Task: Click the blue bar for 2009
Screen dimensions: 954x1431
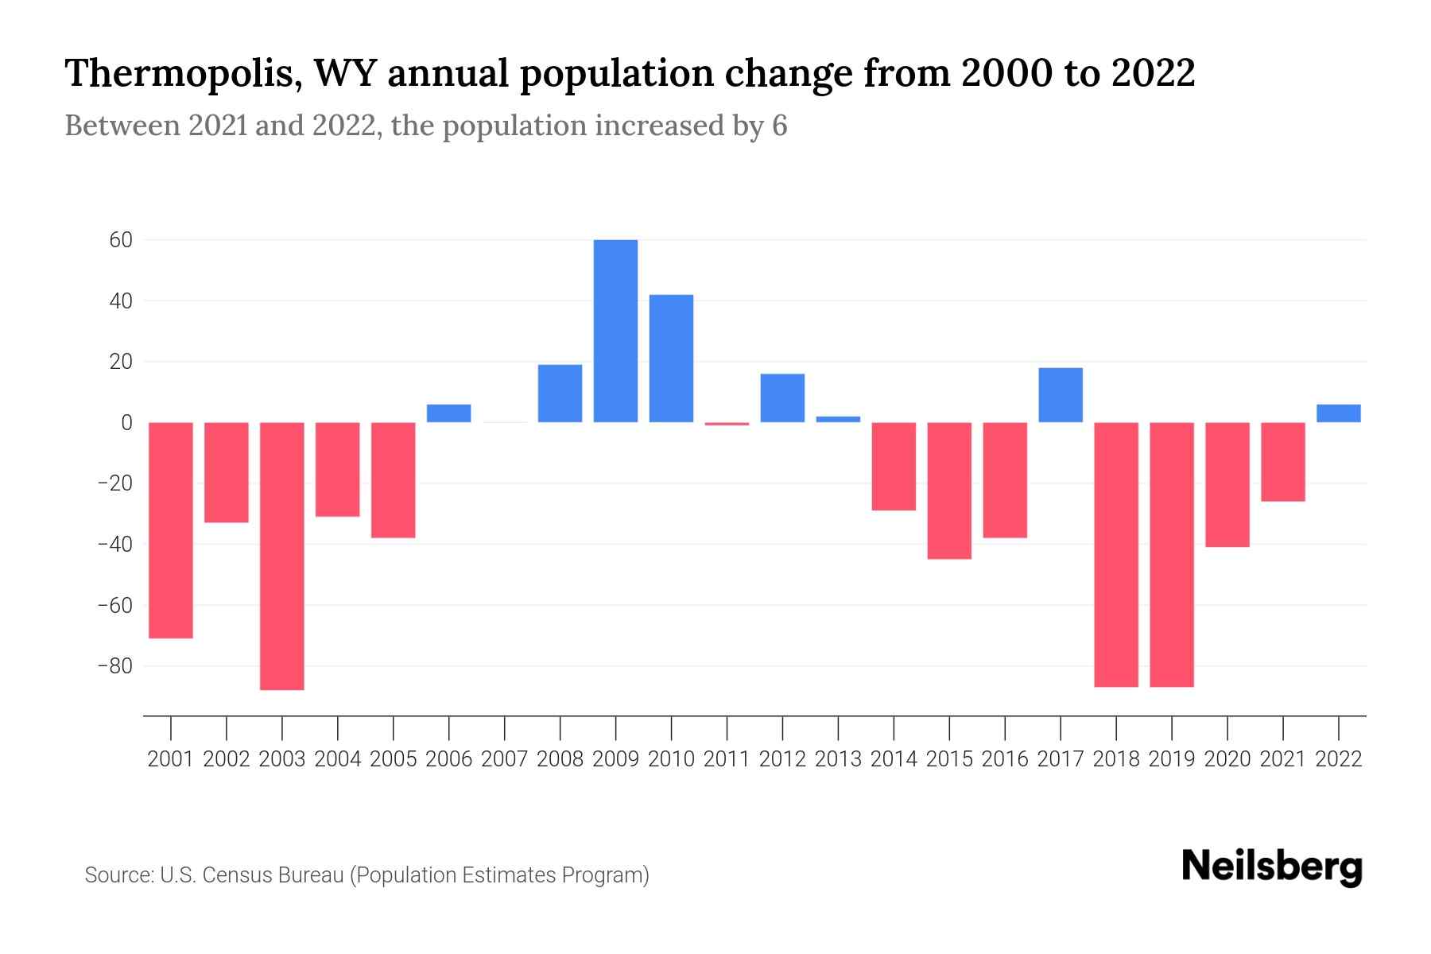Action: (x=615, y=331)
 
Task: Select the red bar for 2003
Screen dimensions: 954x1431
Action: (x=282, y=556)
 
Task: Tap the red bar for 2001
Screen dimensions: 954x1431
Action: (x=171, y=530)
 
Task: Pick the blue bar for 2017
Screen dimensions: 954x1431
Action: (x=1061, y=395)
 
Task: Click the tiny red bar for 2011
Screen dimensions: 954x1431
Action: (x=727, y=424)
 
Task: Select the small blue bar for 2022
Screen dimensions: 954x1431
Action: (x=1338, y=413)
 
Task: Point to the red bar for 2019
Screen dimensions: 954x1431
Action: (x=1172, y=554)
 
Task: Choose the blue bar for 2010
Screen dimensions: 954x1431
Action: (x=671, y=359)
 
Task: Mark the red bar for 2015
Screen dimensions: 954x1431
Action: (x=949, y=491)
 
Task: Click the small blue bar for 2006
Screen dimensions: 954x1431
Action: (x=449, y=413)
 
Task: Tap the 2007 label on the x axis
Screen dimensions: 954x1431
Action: (x=505, y=759)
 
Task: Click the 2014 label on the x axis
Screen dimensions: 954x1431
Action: (x=894, y=759)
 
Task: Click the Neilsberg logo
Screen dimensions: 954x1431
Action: (x=1272, y=867)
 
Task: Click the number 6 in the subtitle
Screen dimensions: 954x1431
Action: (x=779, y=126)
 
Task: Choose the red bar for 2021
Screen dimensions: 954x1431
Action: (x=1282, y=462)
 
